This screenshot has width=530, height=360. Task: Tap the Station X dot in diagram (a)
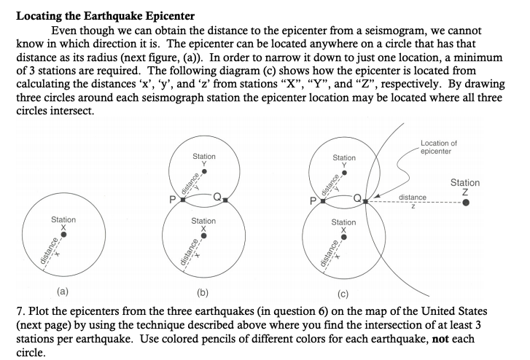[x=63, y=234]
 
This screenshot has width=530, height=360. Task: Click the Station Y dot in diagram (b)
[x=203, y=173]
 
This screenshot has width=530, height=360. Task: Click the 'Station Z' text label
[x=465, y=187]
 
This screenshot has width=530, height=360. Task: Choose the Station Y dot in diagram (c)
[x=344, y=173]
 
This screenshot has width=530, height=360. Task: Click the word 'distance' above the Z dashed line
[x=413, y=197]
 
